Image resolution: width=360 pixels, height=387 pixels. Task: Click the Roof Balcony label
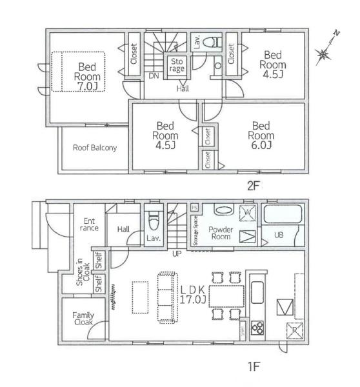coord(94,148)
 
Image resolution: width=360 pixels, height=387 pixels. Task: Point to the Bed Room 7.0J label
coord(87,75)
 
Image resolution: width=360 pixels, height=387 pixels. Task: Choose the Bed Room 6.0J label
coord(261,135)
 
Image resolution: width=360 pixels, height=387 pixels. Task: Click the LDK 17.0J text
coord(192,293)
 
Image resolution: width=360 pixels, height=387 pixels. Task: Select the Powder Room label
coord(220,233)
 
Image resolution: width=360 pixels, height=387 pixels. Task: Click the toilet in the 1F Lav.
coord(154,223)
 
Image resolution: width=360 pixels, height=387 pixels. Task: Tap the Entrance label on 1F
coord(88,224)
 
